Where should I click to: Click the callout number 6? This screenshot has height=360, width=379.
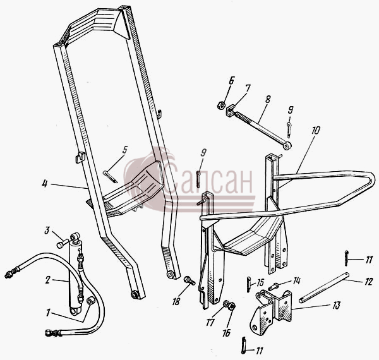(231, 81)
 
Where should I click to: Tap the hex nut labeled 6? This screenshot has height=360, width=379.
(220, 105)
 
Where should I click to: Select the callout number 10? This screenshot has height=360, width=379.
(315, 130)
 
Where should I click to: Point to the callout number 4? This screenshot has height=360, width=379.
(44, 184)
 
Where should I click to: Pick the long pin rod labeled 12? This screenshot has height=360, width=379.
(325, 287)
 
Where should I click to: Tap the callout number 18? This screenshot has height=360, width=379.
(176, 301)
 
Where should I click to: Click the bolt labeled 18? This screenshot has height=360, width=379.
(189, 280)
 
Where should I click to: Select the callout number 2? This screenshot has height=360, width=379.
(47, 280)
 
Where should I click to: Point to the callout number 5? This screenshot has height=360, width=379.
(124, 150)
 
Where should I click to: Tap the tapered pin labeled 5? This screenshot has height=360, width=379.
(110, 177)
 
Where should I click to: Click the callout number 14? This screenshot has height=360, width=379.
(297, 280)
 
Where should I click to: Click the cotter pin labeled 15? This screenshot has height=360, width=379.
(249, 284)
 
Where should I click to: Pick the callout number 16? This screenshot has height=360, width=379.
(227, 333)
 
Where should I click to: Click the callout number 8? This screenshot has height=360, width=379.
(267, 99)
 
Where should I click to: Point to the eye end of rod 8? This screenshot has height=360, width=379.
(287, 146)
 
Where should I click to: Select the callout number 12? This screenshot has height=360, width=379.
(368, 282)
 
